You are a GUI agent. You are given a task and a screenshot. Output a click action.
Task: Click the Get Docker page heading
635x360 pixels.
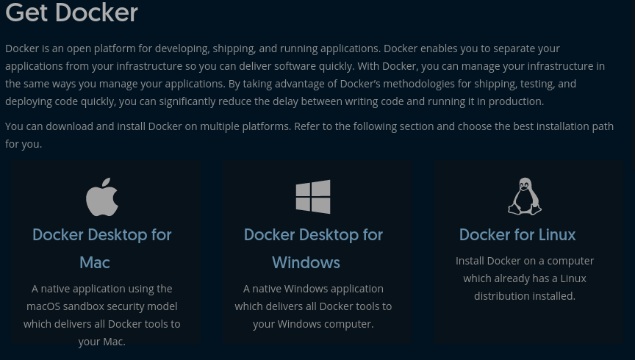coord(71,12)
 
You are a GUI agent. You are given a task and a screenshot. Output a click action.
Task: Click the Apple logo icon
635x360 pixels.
coord(102,197)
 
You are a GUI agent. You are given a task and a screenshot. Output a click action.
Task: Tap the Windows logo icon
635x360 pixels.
coord(313,197)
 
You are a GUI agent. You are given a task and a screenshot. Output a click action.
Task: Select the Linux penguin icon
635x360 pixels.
coord(525,196)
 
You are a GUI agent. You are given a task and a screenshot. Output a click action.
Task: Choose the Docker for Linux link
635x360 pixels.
coord(517,234)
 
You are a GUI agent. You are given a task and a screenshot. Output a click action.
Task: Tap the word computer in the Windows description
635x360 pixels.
coord(349,324)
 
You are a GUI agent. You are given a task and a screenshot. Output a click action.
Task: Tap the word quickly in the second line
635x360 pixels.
coord(335,66)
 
